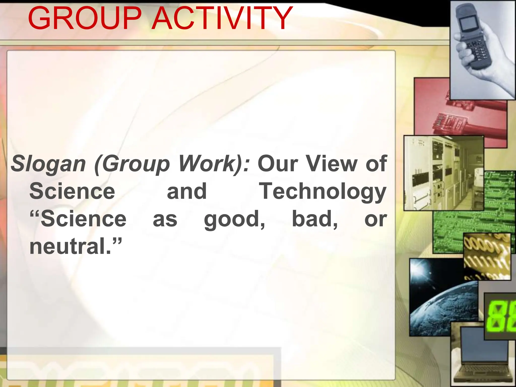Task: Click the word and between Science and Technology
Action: pos(187,191)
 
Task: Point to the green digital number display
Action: pos(500,316)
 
